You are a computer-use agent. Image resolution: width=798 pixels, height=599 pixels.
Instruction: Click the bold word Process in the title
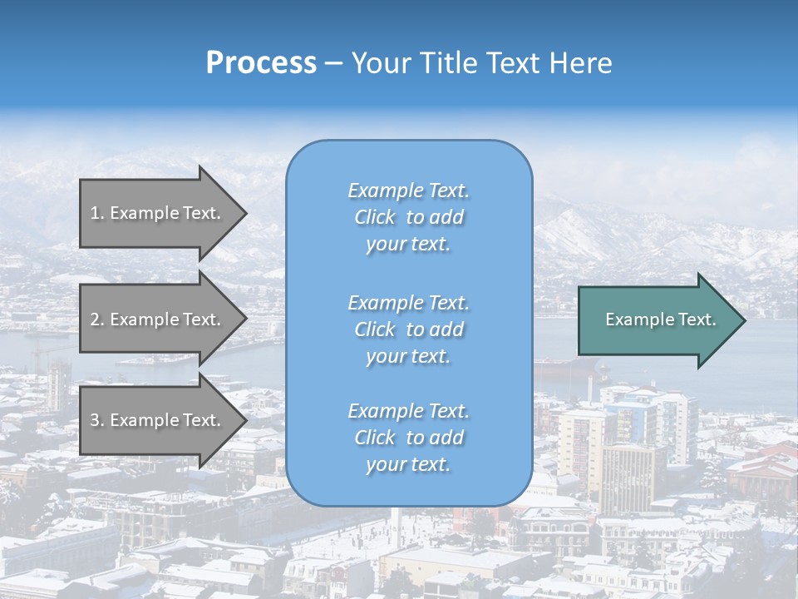pyautogui.click(x=261, y=63)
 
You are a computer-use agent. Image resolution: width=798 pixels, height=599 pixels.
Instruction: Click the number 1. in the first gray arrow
pyautogui.click(x=97, y=213)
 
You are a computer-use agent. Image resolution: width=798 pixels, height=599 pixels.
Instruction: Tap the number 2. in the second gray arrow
pyautogui.click(x=97, y=319)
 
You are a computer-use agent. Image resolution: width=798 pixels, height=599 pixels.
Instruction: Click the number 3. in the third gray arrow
pyautogui.click(x=97, y=420)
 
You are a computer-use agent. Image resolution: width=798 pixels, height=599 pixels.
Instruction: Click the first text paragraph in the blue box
pyautogui.click(x=408, y=217)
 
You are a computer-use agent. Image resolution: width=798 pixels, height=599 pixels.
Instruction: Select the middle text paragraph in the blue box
pyautogui.click(x=408, y=329)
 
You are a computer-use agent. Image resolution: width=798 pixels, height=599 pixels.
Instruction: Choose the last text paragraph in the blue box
pyautogui.click(x=408, y=438)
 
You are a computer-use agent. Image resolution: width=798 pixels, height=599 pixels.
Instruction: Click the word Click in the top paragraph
pyautogui.click(x=375, y=217)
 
